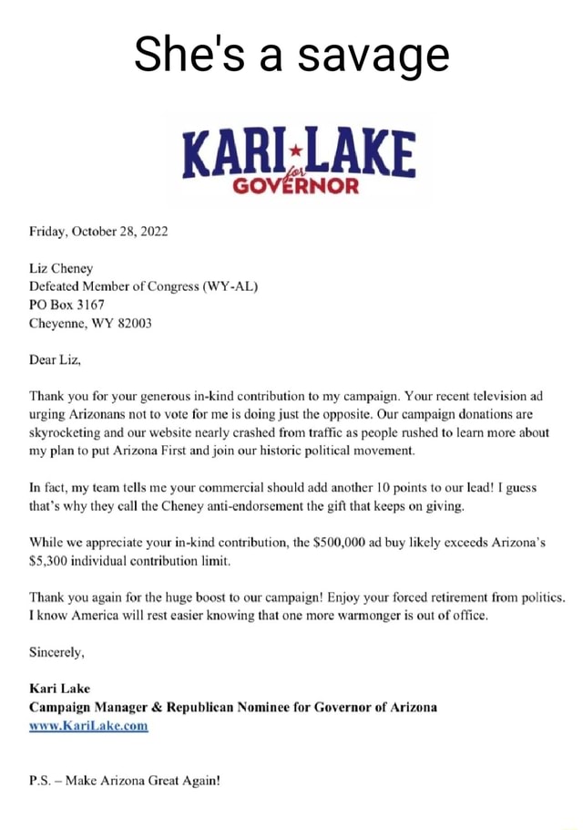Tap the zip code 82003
(x=132, y=323)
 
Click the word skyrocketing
(x=79, y=433)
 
